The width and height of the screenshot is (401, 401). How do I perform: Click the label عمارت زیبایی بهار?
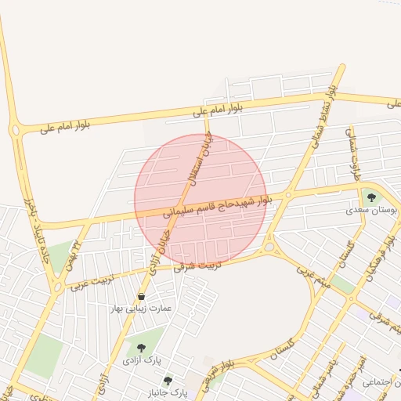tap(141, 309)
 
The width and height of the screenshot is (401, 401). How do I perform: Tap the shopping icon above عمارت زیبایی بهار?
tap(141, 297)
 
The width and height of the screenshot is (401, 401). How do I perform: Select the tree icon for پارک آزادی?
tap(141, 348)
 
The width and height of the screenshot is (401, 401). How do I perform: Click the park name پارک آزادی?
tap(141, 360)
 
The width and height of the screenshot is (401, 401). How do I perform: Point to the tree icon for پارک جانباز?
tap(167, 379)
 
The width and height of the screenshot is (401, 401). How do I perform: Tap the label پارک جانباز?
tap(168, 391)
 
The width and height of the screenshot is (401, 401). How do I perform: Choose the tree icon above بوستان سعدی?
tap(370, 197)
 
